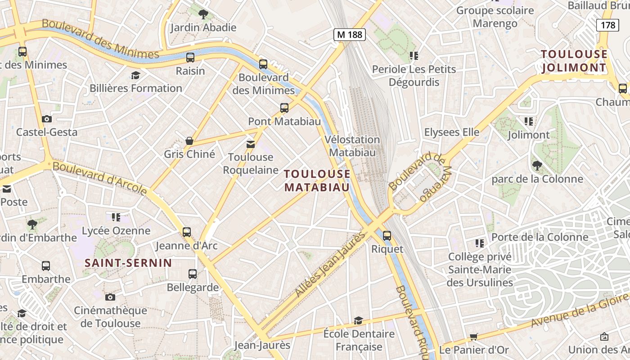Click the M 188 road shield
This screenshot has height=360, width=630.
click(x=349, y=35)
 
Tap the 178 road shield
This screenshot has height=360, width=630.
click(x=607, y=25)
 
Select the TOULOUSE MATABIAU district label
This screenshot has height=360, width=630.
click(x=317, y=180)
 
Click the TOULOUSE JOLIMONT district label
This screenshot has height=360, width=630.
click(x=574, y=61)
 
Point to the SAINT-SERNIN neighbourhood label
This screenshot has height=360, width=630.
click(x=128, y=263)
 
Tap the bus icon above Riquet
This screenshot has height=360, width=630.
click(x=387, y=235)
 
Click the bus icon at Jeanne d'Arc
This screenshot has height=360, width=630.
click(x=187, y=232)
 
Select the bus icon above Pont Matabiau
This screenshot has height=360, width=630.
click(x=284, y=108)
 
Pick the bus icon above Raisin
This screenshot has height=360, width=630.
click(x=190, y=58)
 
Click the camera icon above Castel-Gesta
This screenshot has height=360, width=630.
click(x=47, y=119)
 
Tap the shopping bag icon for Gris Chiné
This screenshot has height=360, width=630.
click(x=189, y=141)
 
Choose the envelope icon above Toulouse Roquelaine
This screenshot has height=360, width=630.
click(x=251, y=144)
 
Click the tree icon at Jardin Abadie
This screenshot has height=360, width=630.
click(x=203, y=14)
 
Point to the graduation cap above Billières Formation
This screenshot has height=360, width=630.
click(x=135, y=75)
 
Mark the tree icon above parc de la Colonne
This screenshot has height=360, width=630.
click(x=537, y=165)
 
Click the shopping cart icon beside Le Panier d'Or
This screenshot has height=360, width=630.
click(x=473, y=337)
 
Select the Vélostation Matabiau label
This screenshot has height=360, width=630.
click(x=352, y=146)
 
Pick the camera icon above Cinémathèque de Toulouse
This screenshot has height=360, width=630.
click(x=110, y=297)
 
